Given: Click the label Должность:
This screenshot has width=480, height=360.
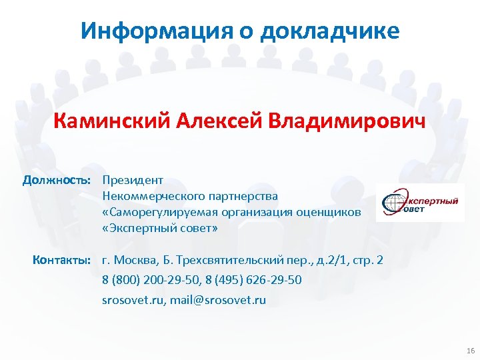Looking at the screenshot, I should coord(56,180).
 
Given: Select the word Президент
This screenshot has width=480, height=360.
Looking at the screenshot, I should coord(133,180).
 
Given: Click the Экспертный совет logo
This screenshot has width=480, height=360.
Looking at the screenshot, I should coord(420,202).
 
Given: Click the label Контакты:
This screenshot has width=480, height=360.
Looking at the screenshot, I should coord(61,259).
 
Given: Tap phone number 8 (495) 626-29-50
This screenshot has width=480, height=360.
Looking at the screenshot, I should coord(255,280).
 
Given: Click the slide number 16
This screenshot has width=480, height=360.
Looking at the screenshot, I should coord(471,351).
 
